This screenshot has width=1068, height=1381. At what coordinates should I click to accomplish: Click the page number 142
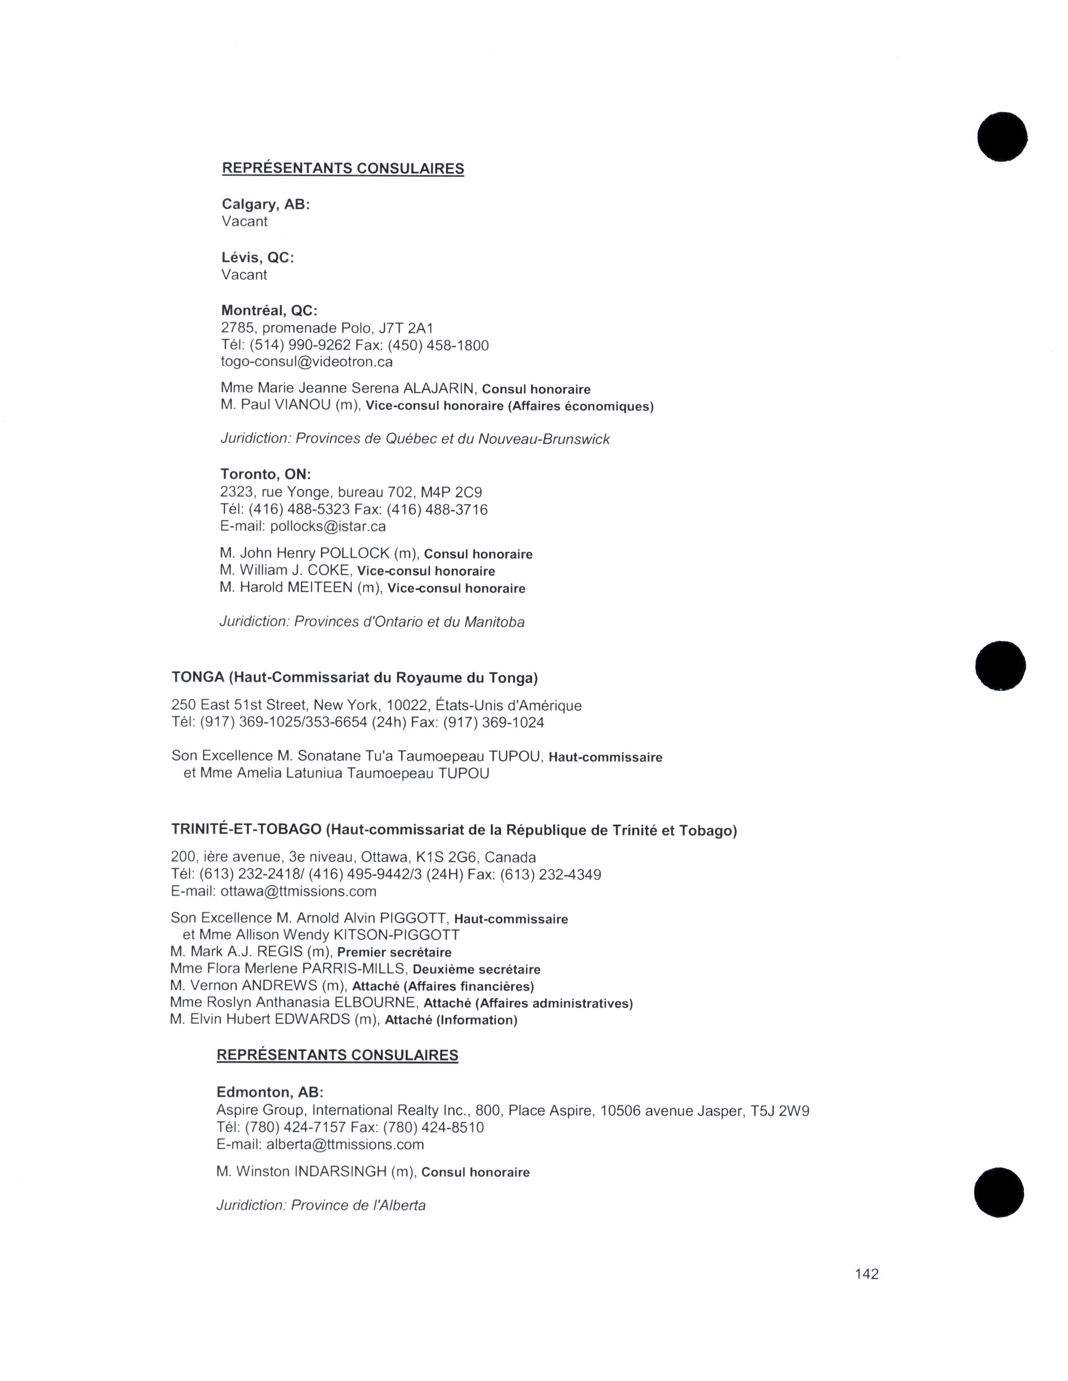pyautogui.click(x=866, y=1273)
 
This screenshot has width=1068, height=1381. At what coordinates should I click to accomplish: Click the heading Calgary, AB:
pyautogui.click(x=266, y=204)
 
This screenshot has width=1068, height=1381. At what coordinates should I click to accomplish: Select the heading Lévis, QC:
pyautogui.click(x=258, y=257)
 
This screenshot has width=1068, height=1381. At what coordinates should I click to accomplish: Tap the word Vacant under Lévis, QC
pyautogui.click(x=244, y=275)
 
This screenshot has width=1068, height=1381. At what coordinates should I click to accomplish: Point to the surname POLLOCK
pyautogui.click(x=355, y=553)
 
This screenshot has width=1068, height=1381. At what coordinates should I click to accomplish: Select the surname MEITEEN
pyautogui.click(x=320, y=588)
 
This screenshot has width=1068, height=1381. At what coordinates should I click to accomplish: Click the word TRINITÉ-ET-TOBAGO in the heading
pyautogui.click(x=246, y=829)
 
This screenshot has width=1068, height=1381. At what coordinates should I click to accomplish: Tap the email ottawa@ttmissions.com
pyautogui.click(x=298, y=891)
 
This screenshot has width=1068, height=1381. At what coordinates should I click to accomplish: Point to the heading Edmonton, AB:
pyautogui.click(x=270, y=1092)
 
